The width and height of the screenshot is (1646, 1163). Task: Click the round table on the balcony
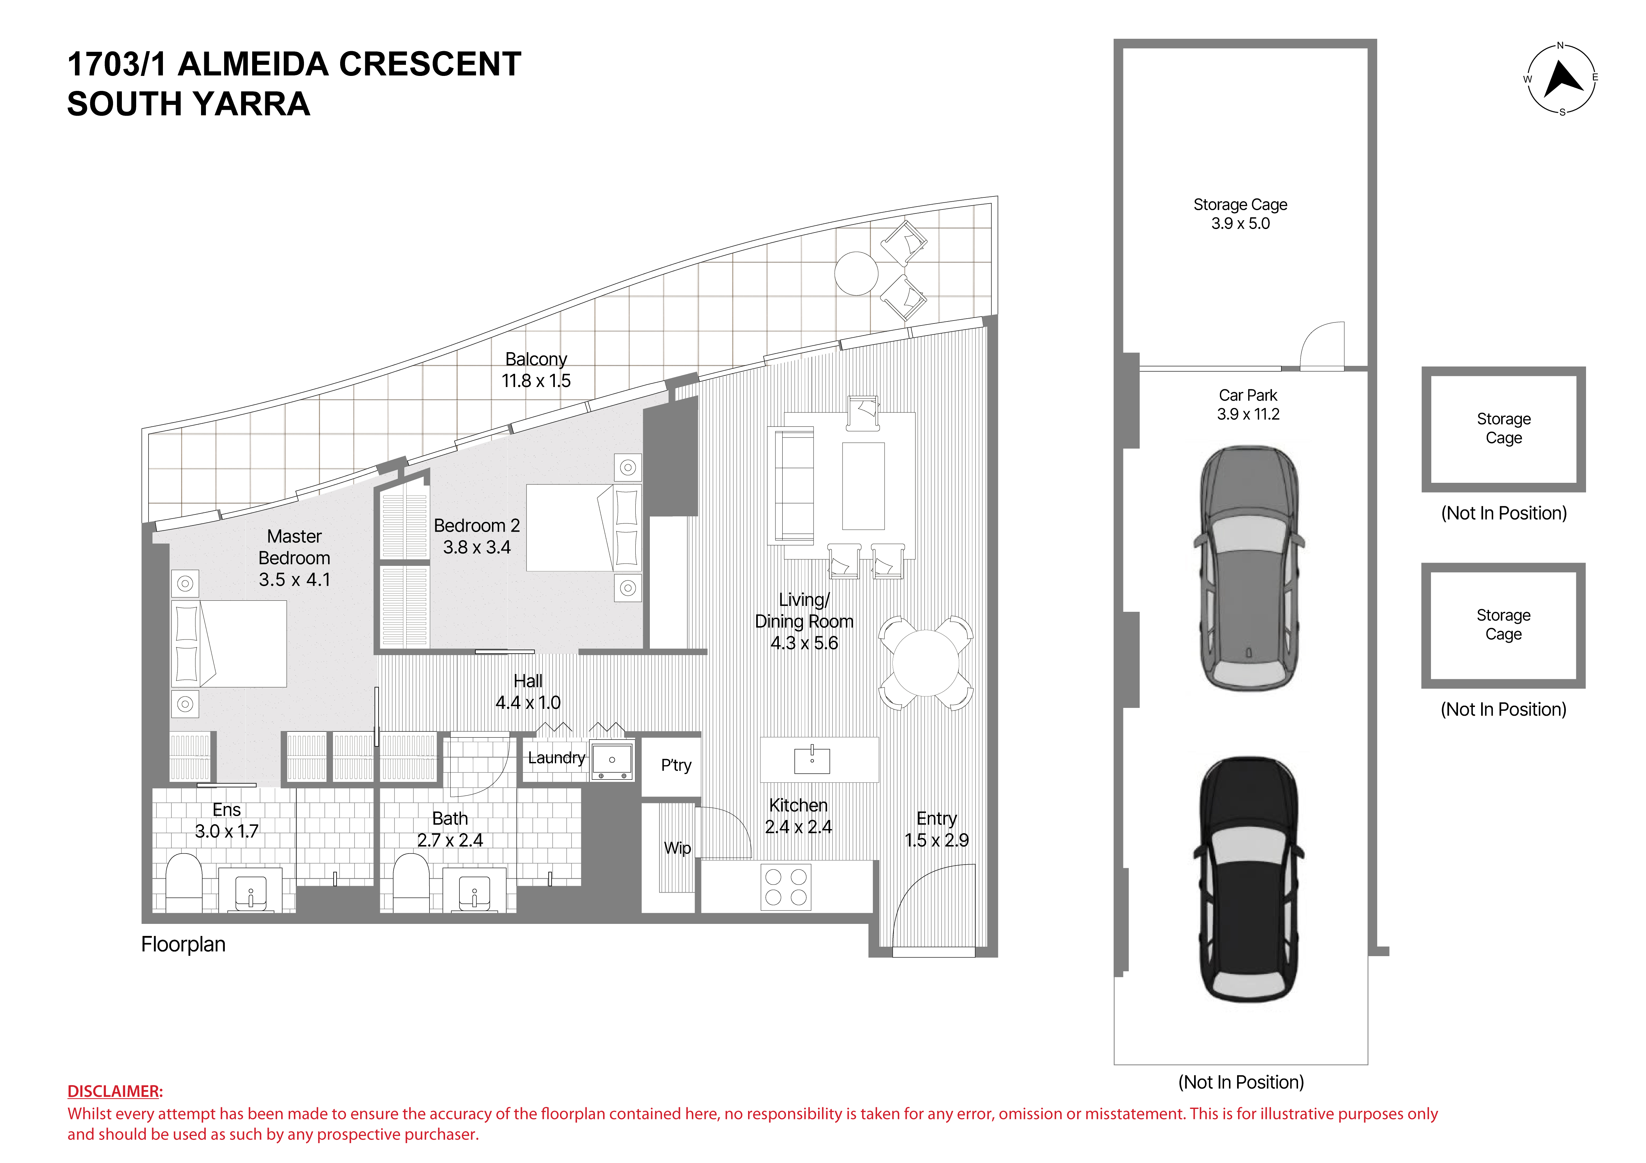[856, 273]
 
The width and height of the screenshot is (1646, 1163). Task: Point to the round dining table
[926, 663]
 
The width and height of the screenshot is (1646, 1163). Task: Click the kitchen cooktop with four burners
[786, 887]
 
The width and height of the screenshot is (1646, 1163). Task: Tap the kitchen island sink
[812, 760]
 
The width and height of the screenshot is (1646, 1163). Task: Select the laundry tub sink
[612, 761]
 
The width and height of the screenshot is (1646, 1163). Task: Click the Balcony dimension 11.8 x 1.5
[536, 381]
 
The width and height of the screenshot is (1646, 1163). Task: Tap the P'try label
[676, 766]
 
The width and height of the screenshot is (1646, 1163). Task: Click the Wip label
[677, 848]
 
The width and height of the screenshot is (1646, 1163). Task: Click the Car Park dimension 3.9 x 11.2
[1248, 414]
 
